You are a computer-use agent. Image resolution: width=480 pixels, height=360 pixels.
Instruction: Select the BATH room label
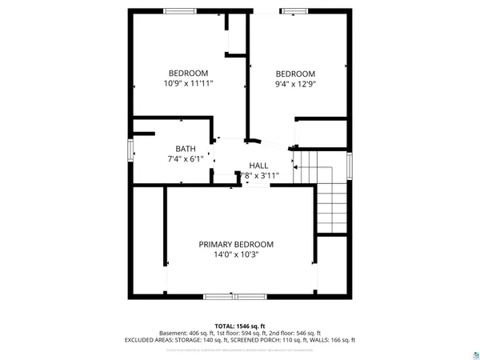[186, 148]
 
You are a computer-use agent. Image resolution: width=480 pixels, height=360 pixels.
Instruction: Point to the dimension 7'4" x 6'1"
[186, 158]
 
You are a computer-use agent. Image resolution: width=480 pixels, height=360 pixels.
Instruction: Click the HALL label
[258, 165]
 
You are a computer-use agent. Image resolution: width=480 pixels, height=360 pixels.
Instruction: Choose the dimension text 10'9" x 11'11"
[188, 83]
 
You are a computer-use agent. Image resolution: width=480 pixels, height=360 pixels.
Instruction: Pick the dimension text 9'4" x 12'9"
[295, 83]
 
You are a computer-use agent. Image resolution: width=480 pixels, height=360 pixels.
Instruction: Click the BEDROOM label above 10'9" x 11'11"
[188, 73]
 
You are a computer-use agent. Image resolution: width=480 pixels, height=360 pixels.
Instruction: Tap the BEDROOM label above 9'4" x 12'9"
[295, 73]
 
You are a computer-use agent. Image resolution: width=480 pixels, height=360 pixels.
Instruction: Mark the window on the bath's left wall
[130, 151]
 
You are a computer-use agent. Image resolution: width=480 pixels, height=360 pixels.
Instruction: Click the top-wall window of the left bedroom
[178, 10]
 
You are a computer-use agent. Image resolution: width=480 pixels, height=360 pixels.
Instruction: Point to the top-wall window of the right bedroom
[293, 10]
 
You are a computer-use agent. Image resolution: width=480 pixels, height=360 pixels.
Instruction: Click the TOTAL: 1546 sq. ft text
[239, 326]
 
